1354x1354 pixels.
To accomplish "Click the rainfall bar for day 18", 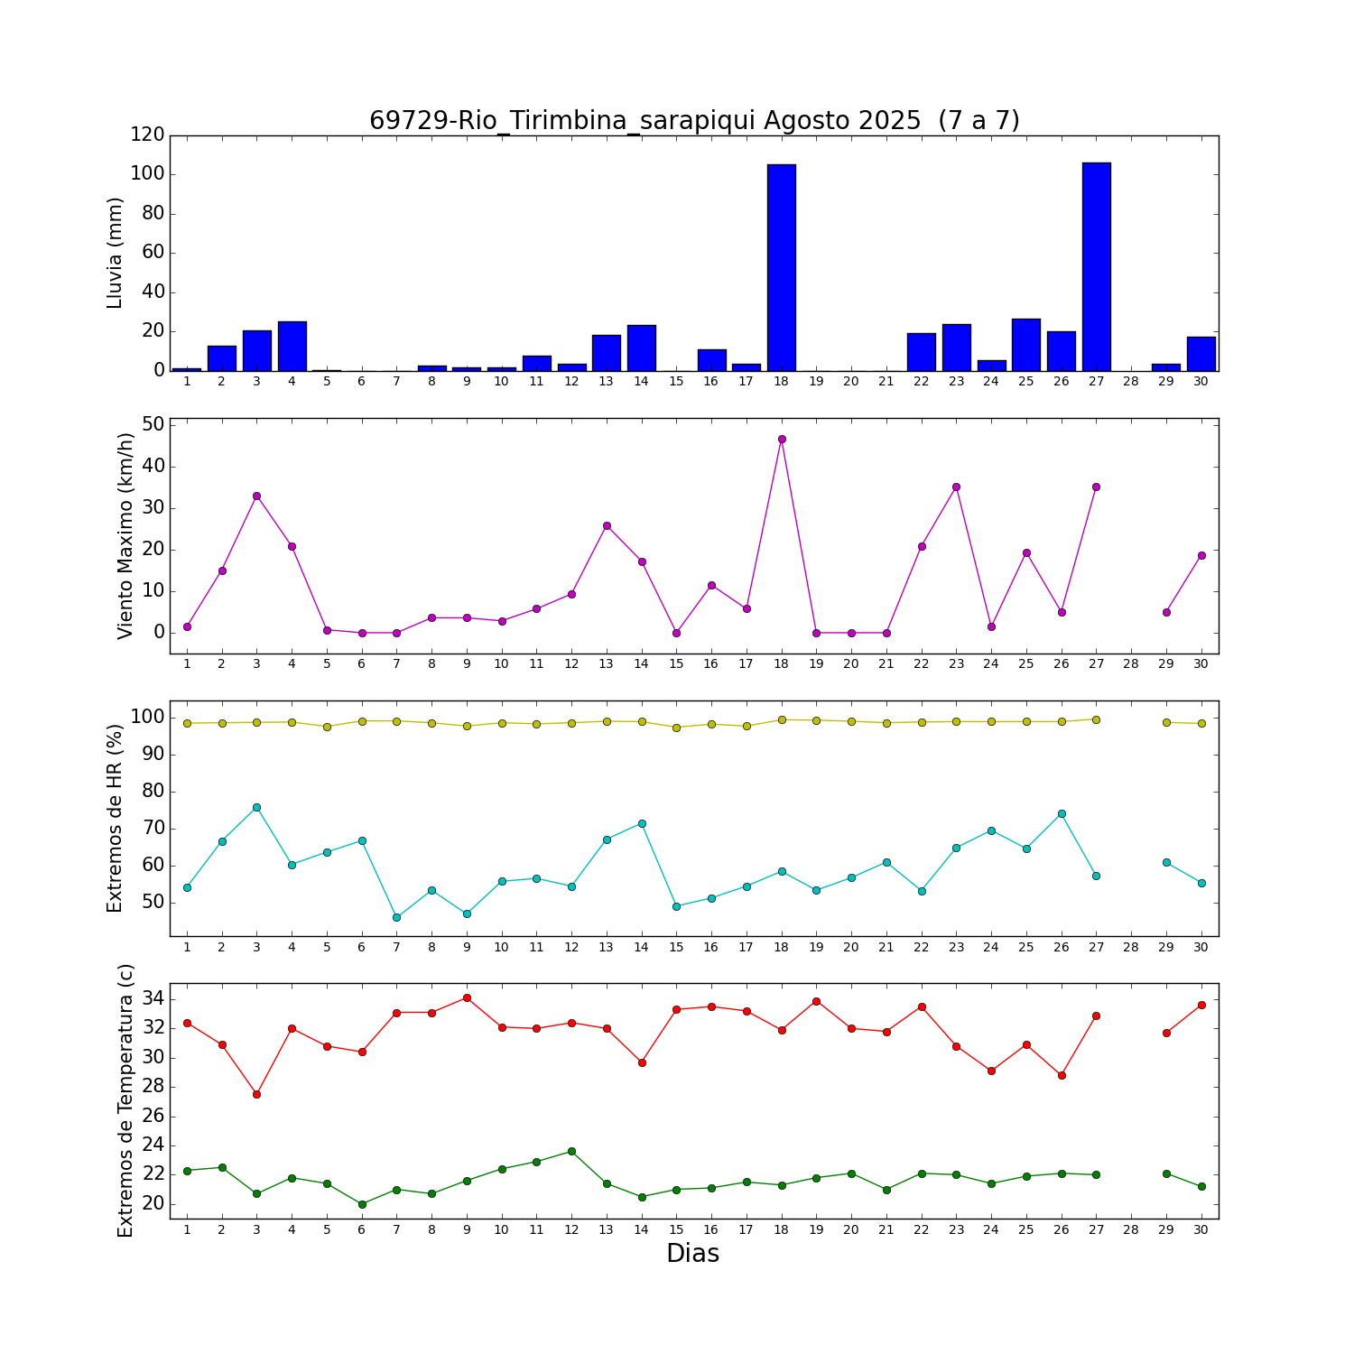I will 782,267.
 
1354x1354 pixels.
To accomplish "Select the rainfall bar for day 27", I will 1096,266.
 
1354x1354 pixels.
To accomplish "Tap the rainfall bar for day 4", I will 292,346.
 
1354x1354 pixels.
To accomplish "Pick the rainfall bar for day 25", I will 1026,345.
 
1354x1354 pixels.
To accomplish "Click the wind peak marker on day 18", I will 782,439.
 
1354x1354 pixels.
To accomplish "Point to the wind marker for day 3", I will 256,496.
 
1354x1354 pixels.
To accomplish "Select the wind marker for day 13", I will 607,525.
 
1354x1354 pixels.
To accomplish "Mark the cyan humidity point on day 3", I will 256,807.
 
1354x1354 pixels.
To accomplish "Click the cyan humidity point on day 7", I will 396,917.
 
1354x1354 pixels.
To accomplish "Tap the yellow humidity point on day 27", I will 1096,719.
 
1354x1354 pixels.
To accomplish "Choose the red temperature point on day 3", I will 256,1094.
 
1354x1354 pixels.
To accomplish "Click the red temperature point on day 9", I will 467,997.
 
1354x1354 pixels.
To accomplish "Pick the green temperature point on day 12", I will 571,1151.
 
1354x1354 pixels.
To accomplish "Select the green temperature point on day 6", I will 362,1204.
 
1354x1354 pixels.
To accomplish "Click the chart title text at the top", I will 694,120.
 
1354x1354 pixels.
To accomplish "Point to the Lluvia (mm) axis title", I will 115,253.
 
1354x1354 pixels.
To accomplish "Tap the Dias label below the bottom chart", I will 692,1253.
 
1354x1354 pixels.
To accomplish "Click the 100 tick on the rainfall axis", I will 147,173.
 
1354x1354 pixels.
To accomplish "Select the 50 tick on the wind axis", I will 153,424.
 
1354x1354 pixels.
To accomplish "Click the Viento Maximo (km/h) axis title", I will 125,535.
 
